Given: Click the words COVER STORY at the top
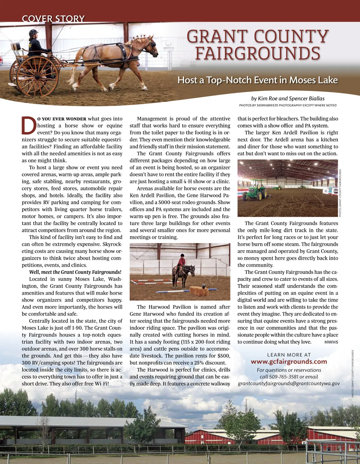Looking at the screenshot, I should tap(53, 19).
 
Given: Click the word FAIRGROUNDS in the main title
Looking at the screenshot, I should tap(257, 53).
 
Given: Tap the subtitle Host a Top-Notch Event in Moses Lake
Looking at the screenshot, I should tap(257, 80).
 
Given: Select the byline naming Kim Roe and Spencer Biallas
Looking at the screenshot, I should tap(288, 99).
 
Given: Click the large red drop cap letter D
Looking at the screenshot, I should tap(29, 126).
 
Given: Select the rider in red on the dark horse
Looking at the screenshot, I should tap(181, 261).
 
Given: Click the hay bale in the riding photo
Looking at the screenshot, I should tap(199, 291).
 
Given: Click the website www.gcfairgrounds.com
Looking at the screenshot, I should tap(289, 362).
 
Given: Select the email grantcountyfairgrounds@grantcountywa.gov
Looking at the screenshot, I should tap(289, 384).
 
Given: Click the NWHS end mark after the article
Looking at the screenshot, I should tap(331, 342).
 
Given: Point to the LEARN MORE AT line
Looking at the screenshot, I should tap(289, 355).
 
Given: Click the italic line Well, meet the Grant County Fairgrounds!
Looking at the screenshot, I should tap(75, 272).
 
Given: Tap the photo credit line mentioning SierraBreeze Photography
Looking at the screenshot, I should tap(287, 105).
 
